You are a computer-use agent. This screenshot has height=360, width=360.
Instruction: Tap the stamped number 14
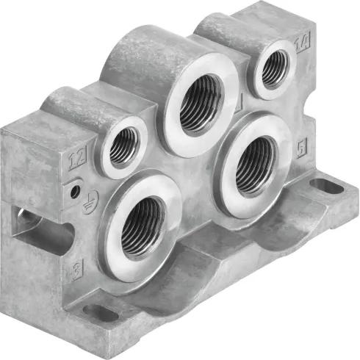pyautogui.click(x=300, y=44)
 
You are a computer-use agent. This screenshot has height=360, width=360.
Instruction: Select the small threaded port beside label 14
pyautogui.click(x=273, y=69)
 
